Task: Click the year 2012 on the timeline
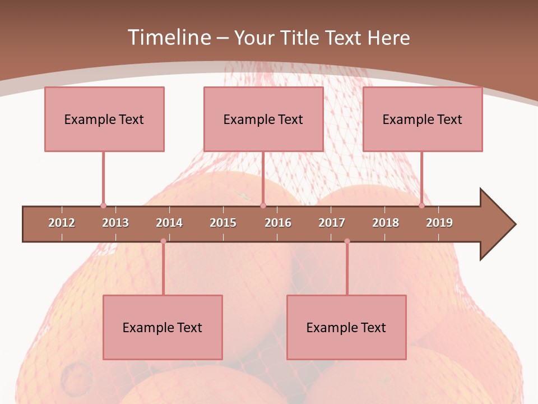click(x=62, y=223)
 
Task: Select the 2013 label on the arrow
click(x=115, y=223)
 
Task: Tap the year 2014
click(x=169, y=223)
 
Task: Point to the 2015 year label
click(x=223, y=223)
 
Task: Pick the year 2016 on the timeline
click(x=278, y=223)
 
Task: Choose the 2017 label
click(x=332, y=223)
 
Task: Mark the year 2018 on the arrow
click(x=386, y=223)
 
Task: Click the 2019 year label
click(x=439, y=223)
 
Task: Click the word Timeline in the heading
click(x=168, y=38)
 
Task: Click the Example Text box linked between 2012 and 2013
click(x=104, y=119)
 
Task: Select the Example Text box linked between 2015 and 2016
click(x=263, y=119)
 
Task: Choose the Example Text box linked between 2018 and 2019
click(x=423, y=119)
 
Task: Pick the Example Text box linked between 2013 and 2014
click(x=163, y=327)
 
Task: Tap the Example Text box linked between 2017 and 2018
click(x=346, y=327)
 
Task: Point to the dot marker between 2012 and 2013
click(x=103, y=206)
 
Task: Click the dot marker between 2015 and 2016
click(x=263, y=206)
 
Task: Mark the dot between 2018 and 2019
click(x=421, y=206)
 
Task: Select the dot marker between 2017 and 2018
click(x=347, y=241)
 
